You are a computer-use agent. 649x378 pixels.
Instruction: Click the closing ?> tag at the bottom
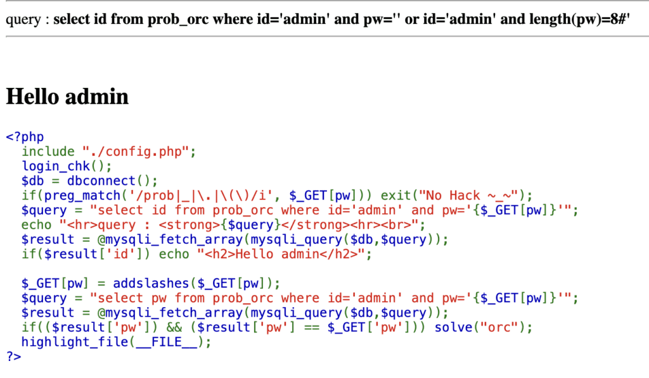14,356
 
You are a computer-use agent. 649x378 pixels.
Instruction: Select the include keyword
48,151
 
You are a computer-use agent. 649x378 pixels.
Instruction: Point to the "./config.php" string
136,151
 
